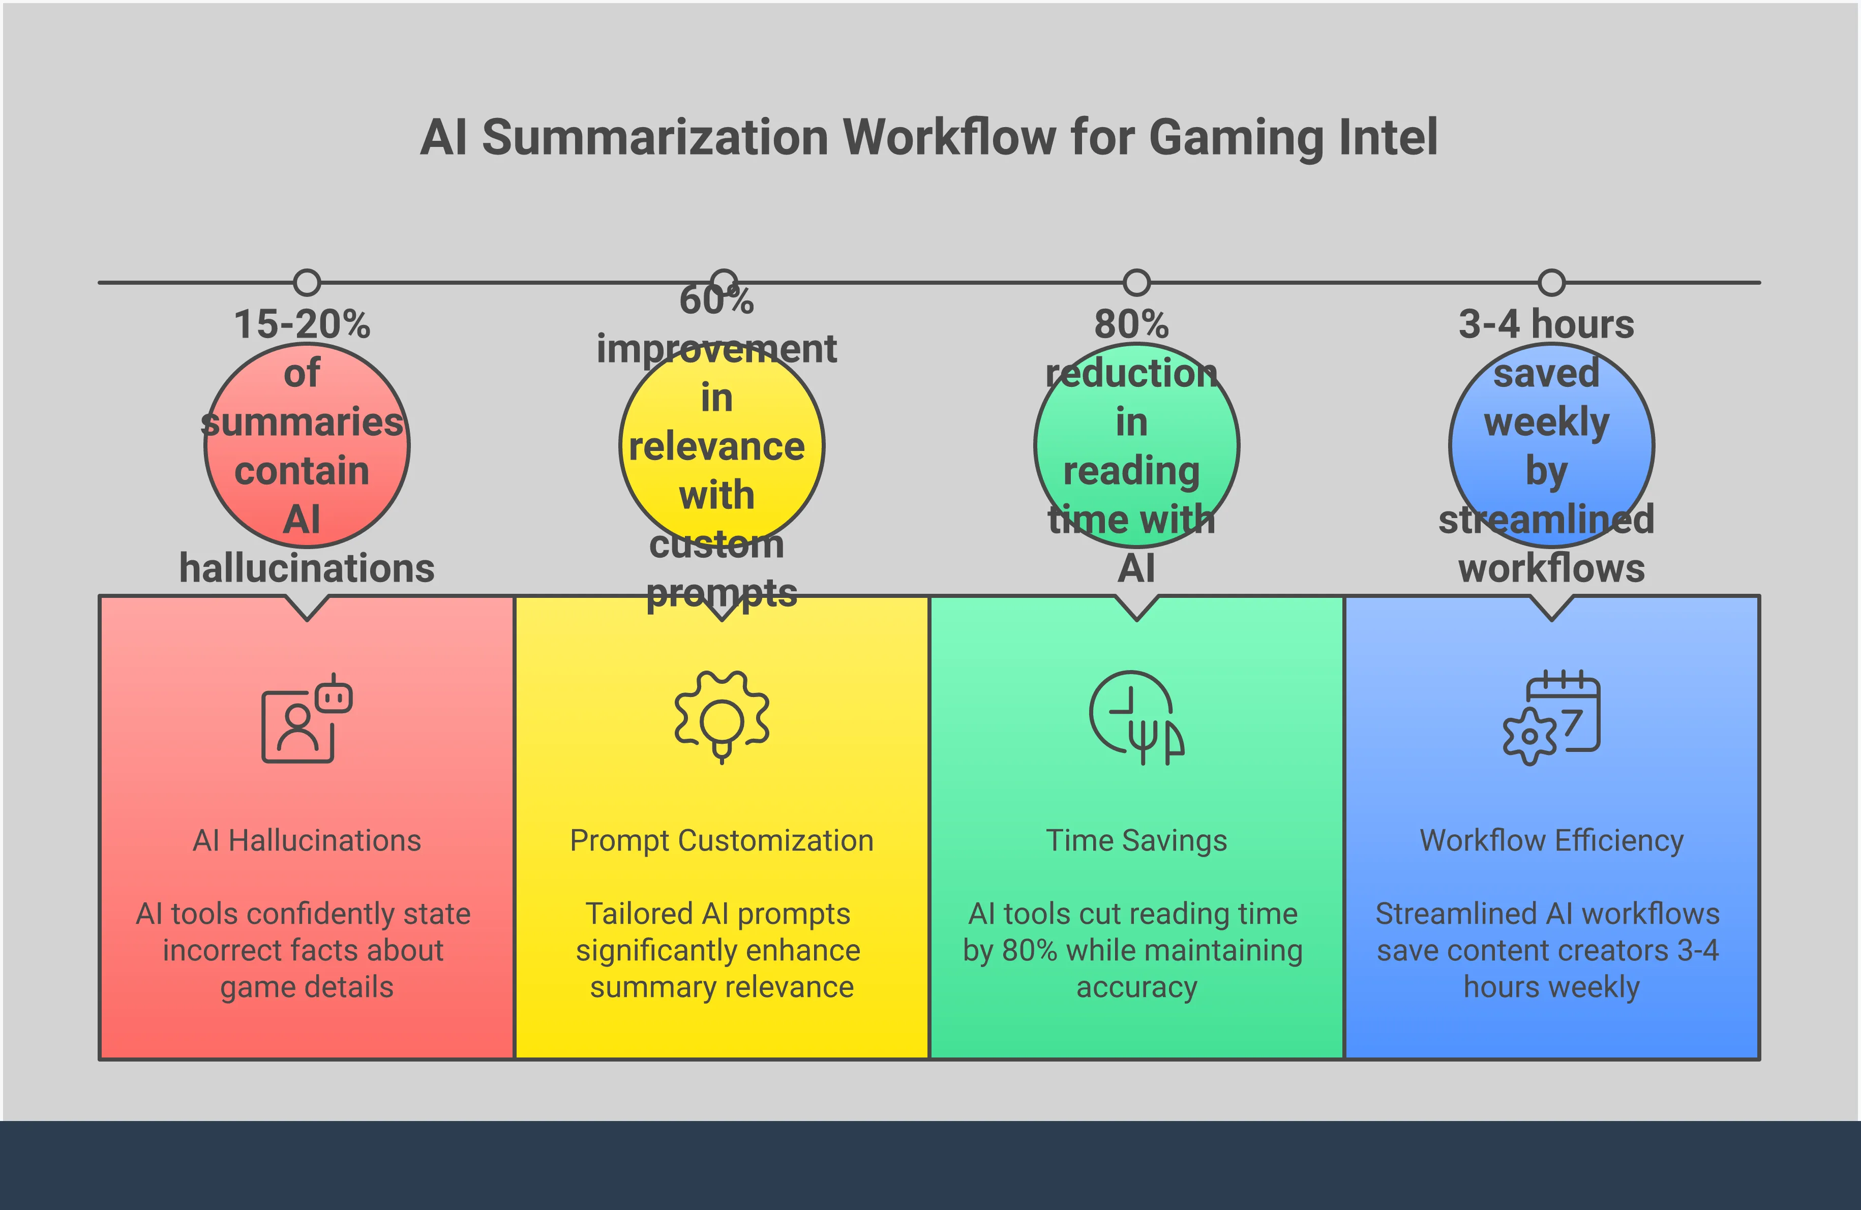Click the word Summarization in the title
(654, 138)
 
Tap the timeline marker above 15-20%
(307, 282)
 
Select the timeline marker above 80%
(1136, 282)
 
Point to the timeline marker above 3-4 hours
(1551, 282)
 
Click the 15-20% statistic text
(302, 324)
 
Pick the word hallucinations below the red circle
(307, 568)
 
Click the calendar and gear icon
(1551, 717)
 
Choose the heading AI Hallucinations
(307, 840)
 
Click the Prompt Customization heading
(722, 840)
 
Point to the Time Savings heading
(1136, 840)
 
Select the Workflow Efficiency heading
(1551, 840)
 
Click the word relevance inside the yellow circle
(716, 447)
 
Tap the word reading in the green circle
(1131, 471)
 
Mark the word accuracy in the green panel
(1136, 987)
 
